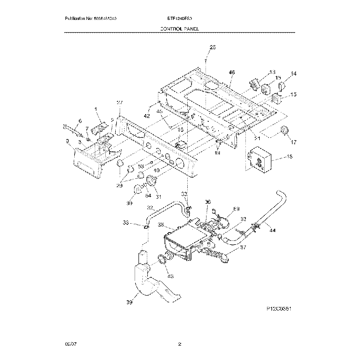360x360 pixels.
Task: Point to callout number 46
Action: (x=232, y=73)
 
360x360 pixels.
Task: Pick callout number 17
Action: (x=294, y=142)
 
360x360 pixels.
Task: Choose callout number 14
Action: (x=294, y=73)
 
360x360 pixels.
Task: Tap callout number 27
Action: (x=119, y=103)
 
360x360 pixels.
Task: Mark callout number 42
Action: (x=147, y=117)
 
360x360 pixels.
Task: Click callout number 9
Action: (x=68, y=142)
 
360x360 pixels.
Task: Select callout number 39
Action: (x=129, y=302)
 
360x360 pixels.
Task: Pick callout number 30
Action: (x=130, y=203)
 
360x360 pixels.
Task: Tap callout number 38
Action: (x=160, y=225)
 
